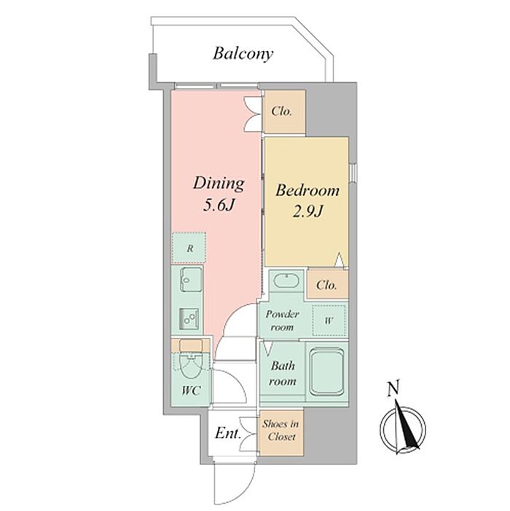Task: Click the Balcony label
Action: point(243,53)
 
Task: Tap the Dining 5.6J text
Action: point(218,193)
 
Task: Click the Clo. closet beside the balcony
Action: point(283,111)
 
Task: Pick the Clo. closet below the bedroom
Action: point(326,285)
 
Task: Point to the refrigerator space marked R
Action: point(189,248)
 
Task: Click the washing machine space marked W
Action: point(329,320)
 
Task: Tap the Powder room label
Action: point(282,320)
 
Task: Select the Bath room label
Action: point(282,373)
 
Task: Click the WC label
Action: point(190,391)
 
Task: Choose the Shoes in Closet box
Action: point(280,431)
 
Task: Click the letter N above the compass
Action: point(394,388)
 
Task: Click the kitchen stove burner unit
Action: point(191,319)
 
